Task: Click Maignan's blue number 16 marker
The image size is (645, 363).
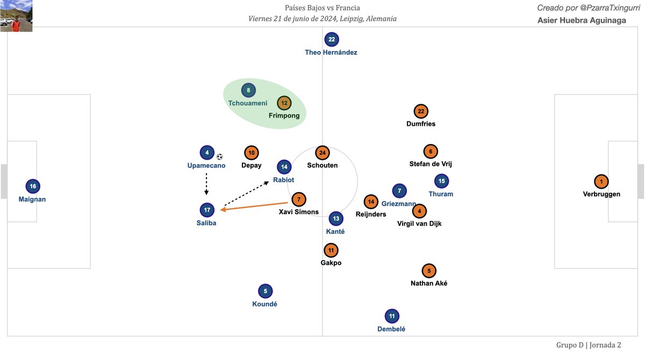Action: [33, 187]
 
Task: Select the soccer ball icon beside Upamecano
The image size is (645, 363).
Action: [219, 156]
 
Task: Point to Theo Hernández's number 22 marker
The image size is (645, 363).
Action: [332, 39]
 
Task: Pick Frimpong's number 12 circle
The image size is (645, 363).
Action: [284, 103]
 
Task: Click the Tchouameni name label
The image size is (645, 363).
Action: [248, 103]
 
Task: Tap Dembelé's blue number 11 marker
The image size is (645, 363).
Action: [392, 316]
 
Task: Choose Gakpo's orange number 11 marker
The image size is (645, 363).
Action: [331, 250]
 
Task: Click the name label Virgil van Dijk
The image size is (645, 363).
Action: [419, 224]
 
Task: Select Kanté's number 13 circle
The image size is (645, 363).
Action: [336, 219]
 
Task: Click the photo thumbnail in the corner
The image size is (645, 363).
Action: [16, 16]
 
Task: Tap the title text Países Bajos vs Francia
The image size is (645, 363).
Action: [322, 8]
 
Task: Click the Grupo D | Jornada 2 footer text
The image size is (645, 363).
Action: [589, 345]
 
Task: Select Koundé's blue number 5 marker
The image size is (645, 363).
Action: [265, 291]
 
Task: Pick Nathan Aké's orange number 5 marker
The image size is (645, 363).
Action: [429, 271]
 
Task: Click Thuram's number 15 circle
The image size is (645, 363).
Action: [441, 181]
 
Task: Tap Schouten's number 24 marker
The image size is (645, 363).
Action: [322, 153]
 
